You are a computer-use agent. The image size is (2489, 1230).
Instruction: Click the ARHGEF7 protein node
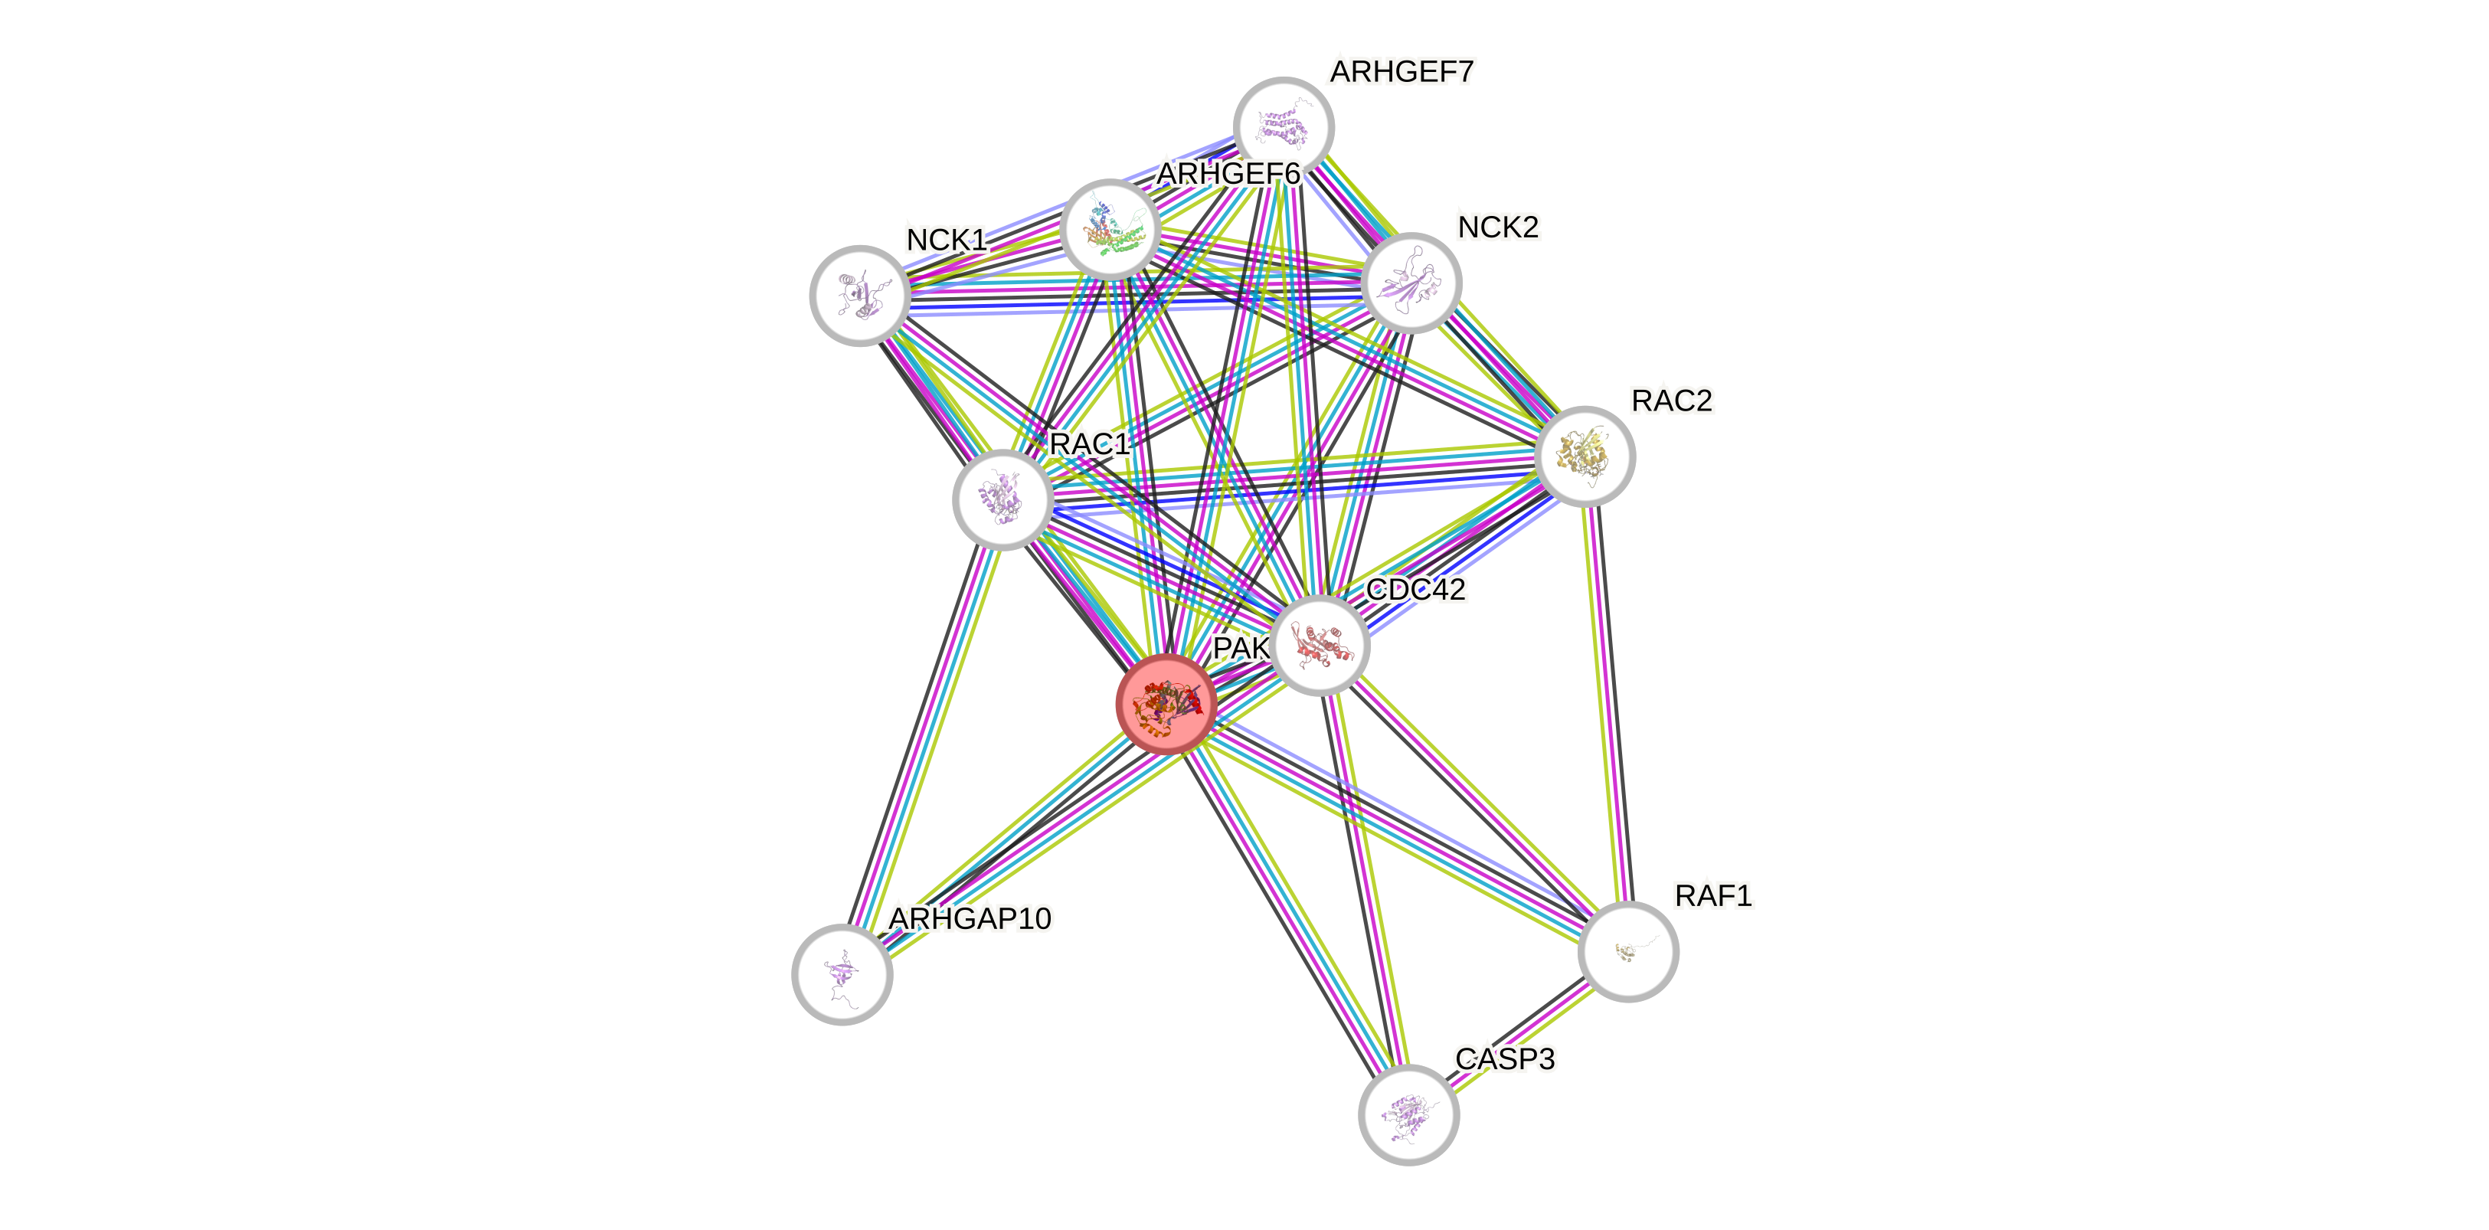(x=1283, y=126)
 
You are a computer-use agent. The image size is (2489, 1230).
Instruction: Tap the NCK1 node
(x=859, y=296)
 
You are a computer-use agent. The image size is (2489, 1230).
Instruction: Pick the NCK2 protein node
(x=1411, y=283)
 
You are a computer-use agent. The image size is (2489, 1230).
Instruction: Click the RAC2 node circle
(x=1584, y=456)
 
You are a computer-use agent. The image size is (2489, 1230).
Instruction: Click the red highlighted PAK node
(x=1166, y=703)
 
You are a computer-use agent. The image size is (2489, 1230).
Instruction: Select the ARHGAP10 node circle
(x=842, y=974)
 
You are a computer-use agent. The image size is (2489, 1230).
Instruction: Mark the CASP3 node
(x=1408, y=1114)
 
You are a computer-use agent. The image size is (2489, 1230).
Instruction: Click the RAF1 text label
(x=1713, y=895)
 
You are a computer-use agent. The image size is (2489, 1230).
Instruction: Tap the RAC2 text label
(x=1672, y=400)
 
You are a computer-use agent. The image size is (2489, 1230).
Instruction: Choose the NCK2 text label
(x=1498, y=228)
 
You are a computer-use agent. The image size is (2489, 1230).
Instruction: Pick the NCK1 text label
(x=946, y=240)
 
